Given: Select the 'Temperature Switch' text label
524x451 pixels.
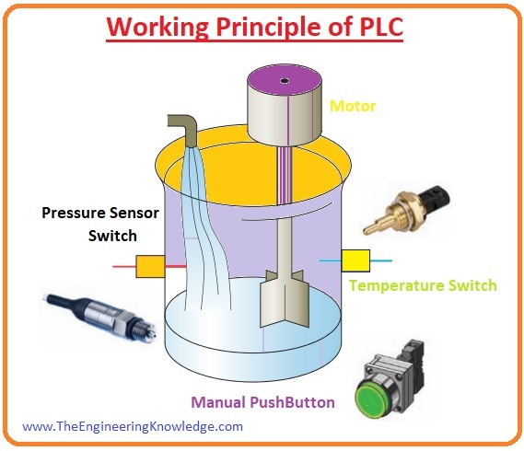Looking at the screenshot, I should (423, 285).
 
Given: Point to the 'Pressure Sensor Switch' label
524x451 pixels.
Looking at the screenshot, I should (89, 224).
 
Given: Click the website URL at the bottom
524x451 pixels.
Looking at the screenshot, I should (133, 426).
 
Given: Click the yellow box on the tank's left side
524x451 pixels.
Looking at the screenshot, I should (150, 267).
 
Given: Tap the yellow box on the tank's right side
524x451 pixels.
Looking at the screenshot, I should (355, 261).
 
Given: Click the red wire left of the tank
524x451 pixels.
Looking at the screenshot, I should (123, 267).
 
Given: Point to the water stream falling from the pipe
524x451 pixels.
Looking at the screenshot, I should (204, 230).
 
